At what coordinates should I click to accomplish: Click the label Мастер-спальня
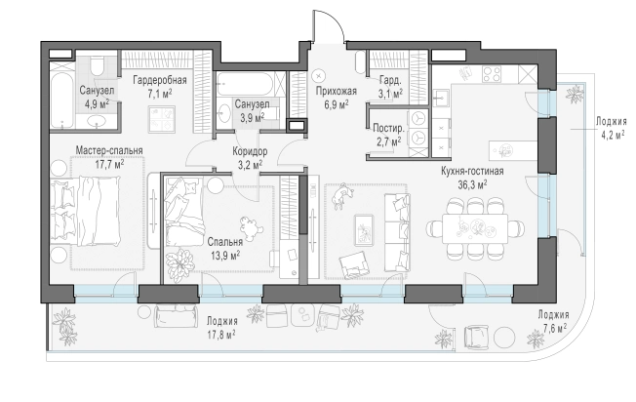click(x=109, y=150)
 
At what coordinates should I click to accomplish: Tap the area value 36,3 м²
click(x=472, y=185)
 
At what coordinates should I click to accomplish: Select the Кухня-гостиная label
click(x=472, y=171)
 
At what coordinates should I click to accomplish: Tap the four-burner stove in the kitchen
click(x=492, y=74)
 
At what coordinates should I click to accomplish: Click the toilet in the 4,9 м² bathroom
click(x=97, y=66)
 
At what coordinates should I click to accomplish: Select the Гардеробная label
click(x=160, y=80)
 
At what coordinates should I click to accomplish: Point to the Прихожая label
click(x=337, y=92)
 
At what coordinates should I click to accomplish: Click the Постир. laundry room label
click(x=388, y=129)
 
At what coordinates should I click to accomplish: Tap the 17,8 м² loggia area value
click(x=221, y=335)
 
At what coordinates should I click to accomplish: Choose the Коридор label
click(x=250, y=151)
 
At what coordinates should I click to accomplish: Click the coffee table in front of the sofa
click(x=364, y=230)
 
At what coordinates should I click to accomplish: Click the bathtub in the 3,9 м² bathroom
click(x=246, y=84)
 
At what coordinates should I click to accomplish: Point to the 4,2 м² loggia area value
click(x=612, y=135)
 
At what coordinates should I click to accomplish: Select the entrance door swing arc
click(x=337, y=21)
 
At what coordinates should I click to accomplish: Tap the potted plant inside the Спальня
click(x=180, y=262)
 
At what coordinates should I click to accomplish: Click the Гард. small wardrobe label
click(x=390, y=80)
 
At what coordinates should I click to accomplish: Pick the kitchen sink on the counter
click(x=441, y=99)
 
